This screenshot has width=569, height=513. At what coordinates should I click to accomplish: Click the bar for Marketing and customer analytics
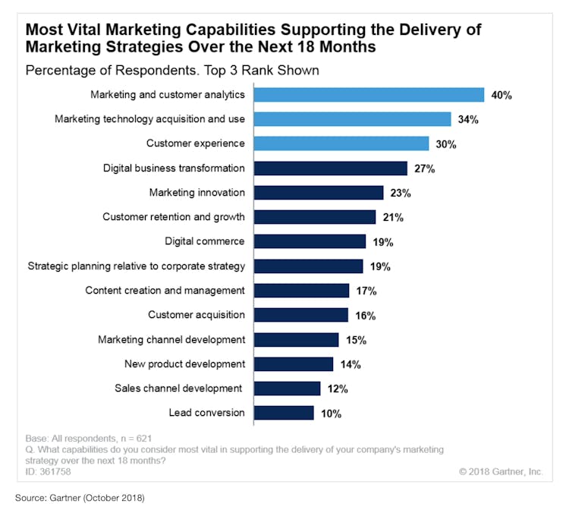click(x=369, y=95)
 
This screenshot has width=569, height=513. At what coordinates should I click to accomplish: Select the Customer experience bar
click(x=341, y=143)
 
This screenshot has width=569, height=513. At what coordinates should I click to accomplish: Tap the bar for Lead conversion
click(x=284, y=413)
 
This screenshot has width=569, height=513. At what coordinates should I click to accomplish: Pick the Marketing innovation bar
click(x=318, y=193)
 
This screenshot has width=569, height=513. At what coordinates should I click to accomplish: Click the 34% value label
click(x=467, y=120)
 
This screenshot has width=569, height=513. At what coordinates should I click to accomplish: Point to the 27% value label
click(x=424, y=168)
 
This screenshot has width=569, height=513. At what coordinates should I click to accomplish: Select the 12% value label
click(x=337, y=389)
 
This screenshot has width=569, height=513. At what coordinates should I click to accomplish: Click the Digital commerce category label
click(x=205, y=241)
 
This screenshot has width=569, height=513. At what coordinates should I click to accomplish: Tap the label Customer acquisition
click(x=196, y=314)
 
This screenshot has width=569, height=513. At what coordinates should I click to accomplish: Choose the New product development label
click(x=185, y=364)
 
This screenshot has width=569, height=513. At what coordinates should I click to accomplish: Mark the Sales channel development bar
click(x=287, y=389)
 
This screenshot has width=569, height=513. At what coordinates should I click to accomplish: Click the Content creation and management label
click(x=165, y=290)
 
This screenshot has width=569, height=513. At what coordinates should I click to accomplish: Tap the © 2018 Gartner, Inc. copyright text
click(x=501, y=471)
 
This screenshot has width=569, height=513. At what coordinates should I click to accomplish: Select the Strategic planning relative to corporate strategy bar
click(x=308, y=266)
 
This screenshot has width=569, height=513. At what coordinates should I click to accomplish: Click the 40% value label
click(x=501, y=96)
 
